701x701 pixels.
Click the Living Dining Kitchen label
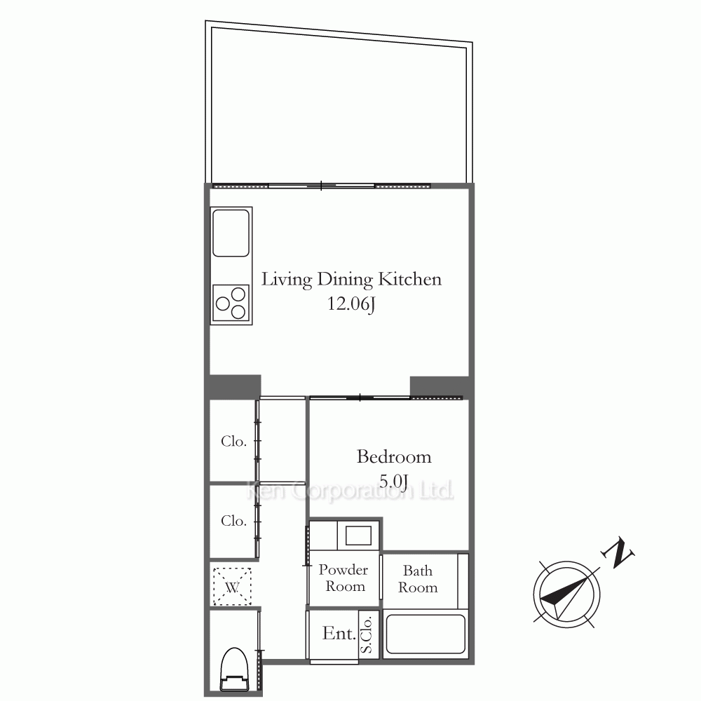pyautogui.click(x=351, y=280)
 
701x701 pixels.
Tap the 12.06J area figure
pyautogui.click(x=351, y=304)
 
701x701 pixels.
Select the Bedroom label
pyautogui.click(x=394, y=457)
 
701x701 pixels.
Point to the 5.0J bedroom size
pyautogui.click(x=393, y=482)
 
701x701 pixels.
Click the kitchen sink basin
pyautogui.click(x=231, y=233)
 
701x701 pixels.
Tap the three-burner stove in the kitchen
pyautogui.click(x=231, y=303)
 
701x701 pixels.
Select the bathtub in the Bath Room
pyautogui.click(x=426, y=634)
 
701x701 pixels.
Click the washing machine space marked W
pyautogui.click(x=232, y=587)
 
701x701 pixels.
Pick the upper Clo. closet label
pyautogui.click(x=234, y=442)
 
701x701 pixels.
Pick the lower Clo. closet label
pyautogui.click(x=234, y=521)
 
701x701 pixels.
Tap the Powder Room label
pyautogui.click(x=343, y=578)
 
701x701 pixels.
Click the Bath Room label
pyautogui.click(x=418, y=579)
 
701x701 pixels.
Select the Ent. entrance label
pyautogui.click(x=339, y=634)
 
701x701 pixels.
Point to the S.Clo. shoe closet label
pyautogui.click(x=367, y=635)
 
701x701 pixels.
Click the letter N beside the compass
pyautogui.click(x=618, y=552)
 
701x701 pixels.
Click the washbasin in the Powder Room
pyautogui.click(x=358, y=535)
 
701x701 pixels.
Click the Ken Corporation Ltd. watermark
pyautogui.click(x=350, y=491)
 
